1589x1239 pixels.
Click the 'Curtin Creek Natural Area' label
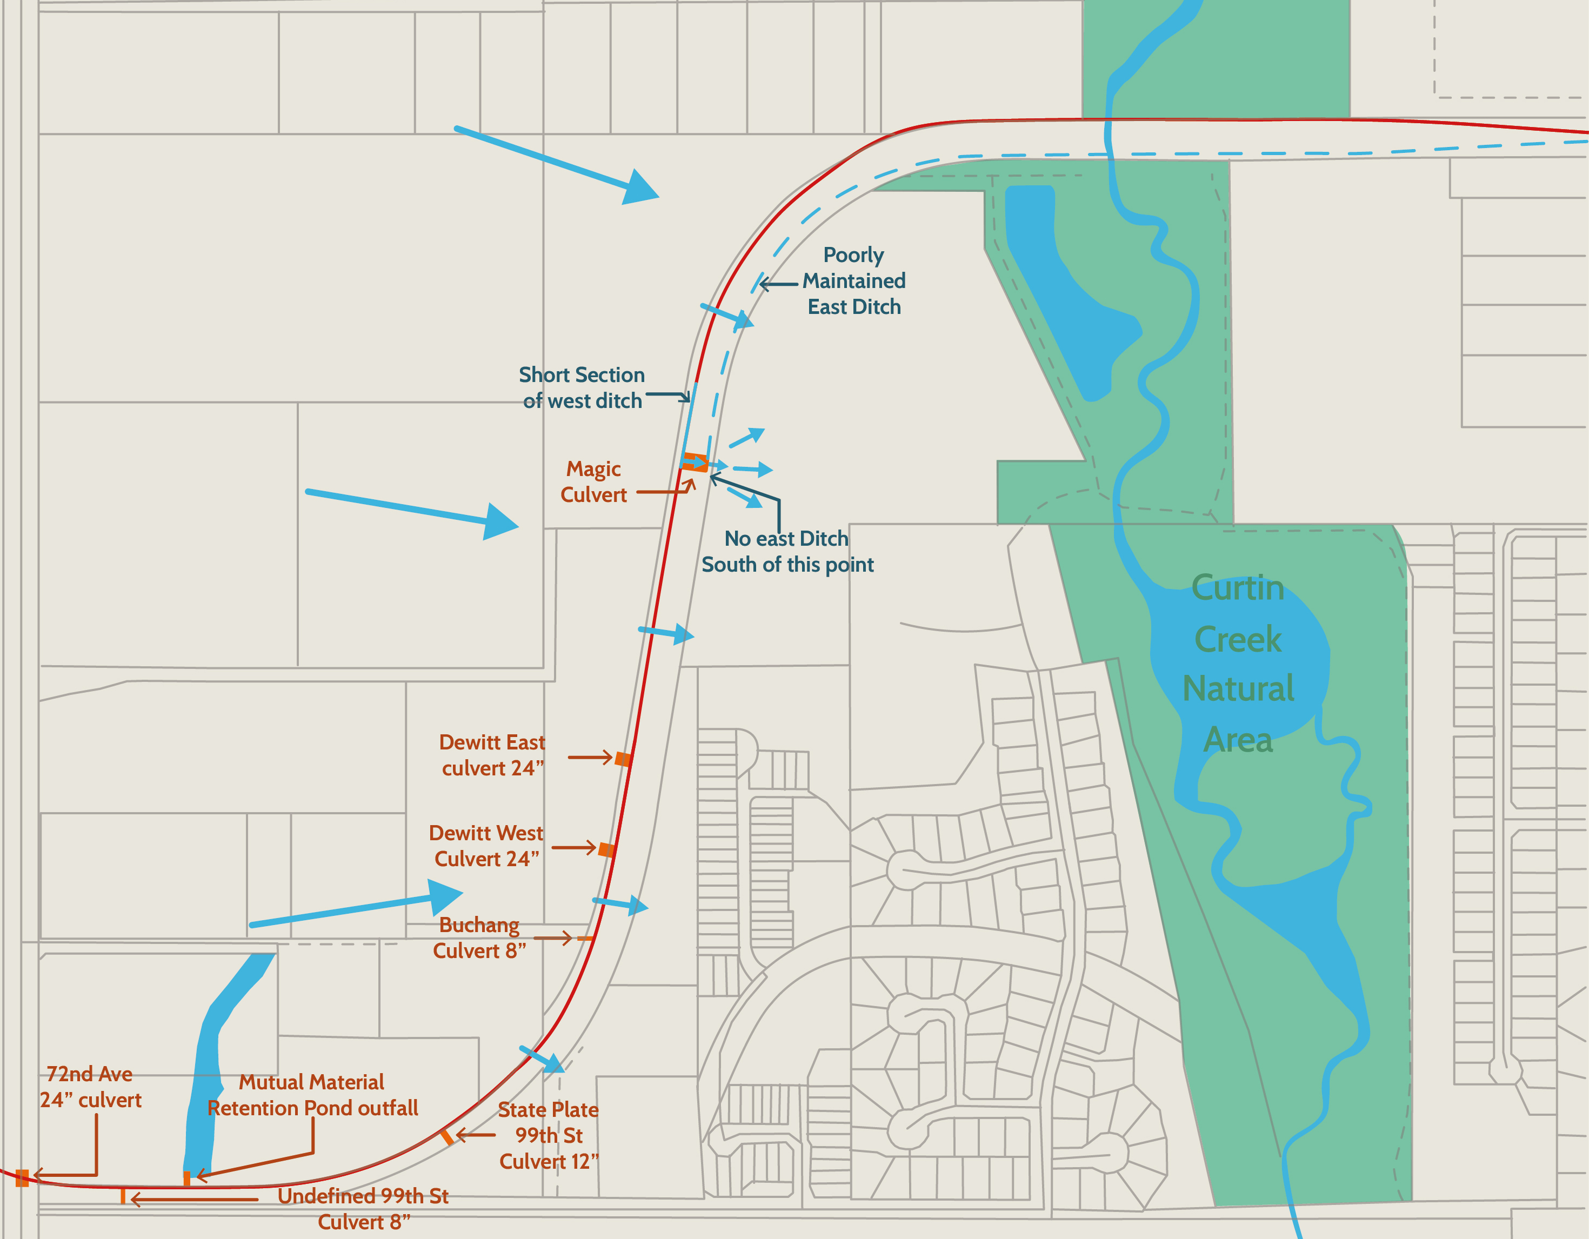pos(1238,664)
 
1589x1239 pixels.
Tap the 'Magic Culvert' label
pos(593,481)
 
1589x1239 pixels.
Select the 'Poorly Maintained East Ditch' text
pos(854,281)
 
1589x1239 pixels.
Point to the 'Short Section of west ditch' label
pos(582,388)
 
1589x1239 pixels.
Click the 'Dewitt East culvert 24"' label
pos(492,755)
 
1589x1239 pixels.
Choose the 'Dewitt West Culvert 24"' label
pos(486,846)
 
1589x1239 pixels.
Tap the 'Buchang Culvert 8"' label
pos(479,938)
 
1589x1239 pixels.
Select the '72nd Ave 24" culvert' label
pos(90,1087)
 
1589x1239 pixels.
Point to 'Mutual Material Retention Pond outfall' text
pos(312,1095)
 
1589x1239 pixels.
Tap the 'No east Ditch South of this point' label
pos(787,552)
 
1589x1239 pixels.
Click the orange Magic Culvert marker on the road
pos(695,462)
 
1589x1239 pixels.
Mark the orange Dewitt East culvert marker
pos(623,759)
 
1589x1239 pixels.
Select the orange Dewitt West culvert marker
pos(606,849)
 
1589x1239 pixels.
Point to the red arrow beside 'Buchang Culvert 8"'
pos(553,939)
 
